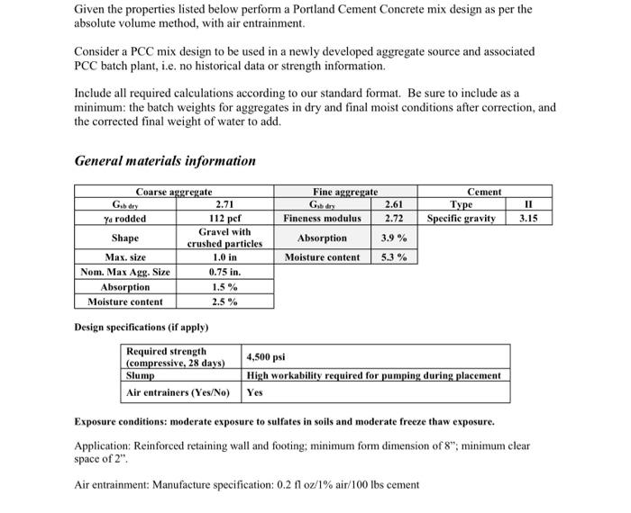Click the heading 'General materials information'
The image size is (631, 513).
pyautogui.click(x=165, y=161)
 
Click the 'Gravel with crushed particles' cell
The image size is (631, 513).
pyautogui.click(x=224, y=238)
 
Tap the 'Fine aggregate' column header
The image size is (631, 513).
pyautogui.click(x=345, y=192)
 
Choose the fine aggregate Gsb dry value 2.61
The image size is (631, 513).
pyautogui.click(x=393, y=204)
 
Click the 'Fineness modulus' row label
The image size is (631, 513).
pyautogui.click(x=322, y=218)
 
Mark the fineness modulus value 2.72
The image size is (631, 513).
pyautogui.click(x=393, y=218)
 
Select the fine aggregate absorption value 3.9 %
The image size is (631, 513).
pyautogui.click(x=393, y=238)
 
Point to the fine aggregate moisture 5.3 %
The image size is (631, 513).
pyautogui.click(x=393, y=257)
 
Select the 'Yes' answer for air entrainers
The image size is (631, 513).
pyautogui.click(x=255, y=392)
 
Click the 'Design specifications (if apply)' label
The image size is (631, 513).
pyautogui.click(x=142, y=326)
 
